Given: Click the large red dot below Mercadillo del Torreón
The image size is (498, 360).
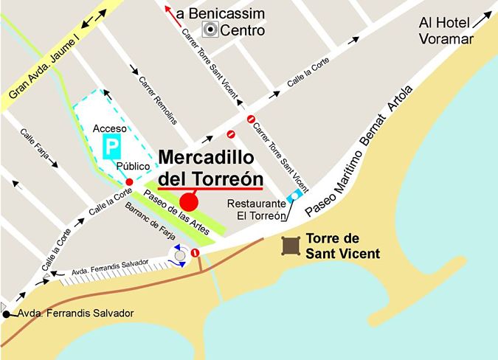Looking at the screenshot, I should [x=189, y=201].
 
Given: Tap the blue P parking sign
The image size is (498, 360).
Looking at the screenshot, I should [x=111, y=146].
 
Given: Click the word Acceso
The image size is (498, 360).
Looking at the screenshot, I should [x=108, y=128].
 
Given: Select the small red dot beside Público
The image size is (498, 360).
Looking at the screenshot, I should [x=129, y=181].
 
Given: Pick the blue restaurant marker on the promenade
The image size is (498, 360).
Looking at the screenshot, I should [x=296, y=195].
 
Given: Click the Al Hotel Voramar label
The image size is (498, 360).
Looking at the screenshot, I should [x=446, y=31].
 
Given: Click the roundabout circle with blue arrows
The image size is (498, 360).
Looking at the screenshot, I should [x=178, y=256].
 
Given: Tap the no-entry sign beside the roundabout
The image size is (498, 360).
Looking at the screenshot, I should [x=196, y=252].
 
